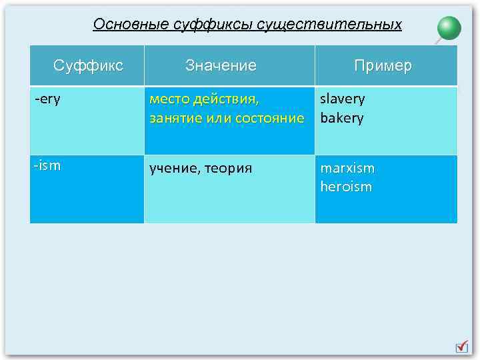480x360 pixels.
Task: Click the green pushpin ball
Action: pyautogui.click(x=449, y=28)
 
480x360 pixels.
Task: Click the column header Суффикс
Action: pyautogui.click(x=88, y=65)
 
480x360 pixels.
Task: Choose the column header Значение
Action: pyautogui.click(x=221, y=65)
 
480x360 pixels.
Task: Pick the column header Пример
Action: pyautogui.click(x=383, y=65)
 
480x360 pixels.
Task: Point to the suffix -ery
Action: pyautogui.click(x=47, y=99)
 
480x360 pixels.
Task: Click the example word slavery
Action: pyautogui.click(x=343, y=99)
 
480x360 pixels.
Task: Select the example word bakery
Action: pyautogui.click(x=342, y=119)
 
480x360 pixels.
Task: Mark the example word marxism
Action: pyautogui.click(x=347, y=168)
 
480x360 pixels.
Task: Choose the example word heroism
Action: pyautogui.click(x=346, y=187)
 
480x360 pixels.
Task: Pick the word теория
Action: pyautogui.click(x=230, y=169)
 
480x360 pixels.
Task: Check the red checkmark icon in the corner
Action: pyautogui.click(x=461, y=347)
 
